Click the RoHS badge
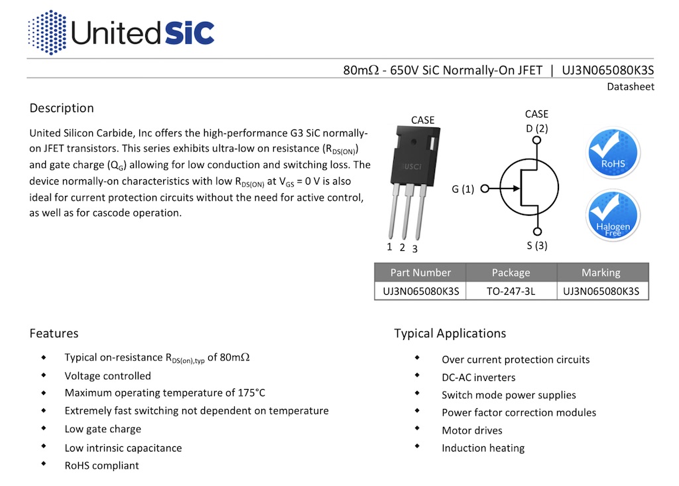613,153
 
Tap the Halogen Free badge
613,215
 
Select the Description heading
62,108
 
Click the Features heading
54,333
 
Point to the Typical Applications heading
450,333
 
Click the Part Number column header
420,273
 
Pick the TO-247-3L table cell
511,291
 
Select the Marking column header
601,273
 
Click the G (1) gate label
463,189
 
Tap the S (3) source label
537,246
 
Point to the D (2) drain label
537,128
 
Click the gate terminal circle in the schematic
484,189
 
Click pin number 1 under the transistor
390,247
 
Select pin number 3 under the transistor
415,249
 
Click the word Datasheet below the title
630,87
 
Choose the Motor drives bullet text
472,430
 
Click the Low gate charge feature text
103,429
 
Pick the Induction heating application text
483,448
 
